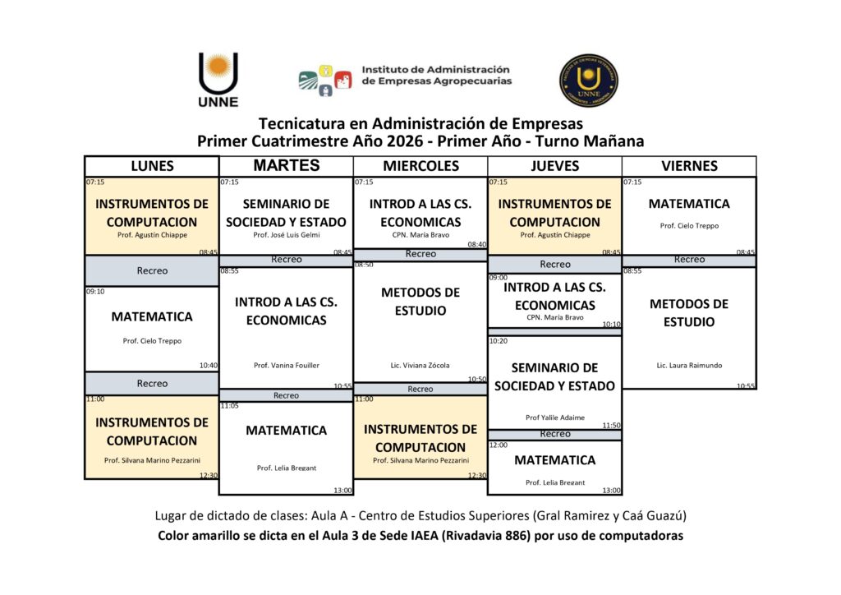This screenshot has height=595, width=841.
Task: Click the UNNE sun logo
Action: pyautogui.click(x=218, y=79)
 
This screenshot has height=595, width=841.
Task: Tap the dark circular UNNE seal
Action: pyautogui.click(x=588, y=80)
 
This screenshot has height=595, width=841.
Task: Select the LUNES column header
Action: pyautogui.click(x=152, y=166)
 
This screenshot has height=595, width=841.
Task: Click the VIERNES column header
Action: pyautogui.click(x=689, y=166)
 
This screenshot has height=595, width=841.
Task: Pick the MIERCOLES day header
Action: pyautogui.click(x=420, y=166)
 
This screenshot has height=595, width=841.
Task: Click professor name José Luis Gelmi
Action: pyautogui.click(x=286, y=235)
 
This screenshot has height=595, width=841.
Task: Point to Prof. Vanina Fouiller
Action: pyautogui.click(x=286, y=365)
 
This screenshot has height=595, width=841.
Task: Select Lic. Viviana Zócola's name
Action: pyautogui.click(x=420, y=365)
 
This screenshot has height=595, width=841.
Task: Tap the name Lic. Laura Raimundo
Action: pyautogui.click(x=689, y=365)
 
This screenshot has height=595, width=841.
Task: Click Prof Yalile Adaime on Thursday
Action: pyautogui.click(x=555, y=417)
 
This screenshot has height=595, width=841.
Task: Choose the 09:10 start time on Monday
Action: pyautogui.click(x=95, y=291)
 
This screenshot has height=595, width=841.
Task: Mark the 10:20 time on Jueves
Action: pyautogui.click(x=499, y=341)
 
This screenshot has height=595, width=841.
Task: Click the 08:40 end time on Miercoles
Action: pyautogui.click(x=476, y=244)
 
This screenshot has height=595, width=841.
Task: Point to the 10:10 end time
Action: pyautogui.click(x=611, y=325)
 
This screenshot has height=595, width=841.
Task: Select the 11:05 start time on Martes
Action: pyautogui.click(x=229, y=406)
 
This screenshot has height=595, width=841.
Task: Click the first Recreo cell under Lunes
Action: pyautogui.click(x=152, y=270)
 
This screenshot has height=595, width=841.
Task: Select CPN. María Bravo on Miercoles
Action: pyautogui.click(x=420, y=235)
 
